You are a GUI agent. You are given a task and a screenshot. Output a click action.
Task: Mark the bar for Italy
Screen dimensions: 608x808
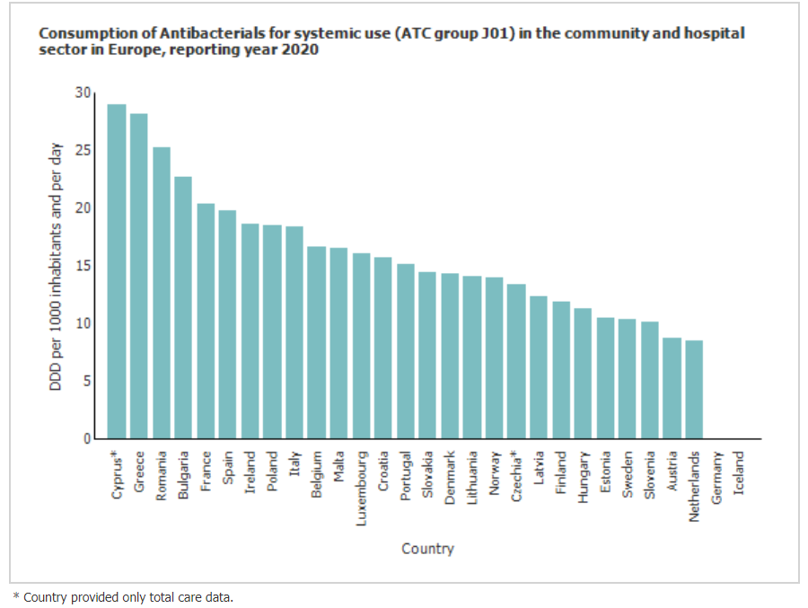tap(294, 332)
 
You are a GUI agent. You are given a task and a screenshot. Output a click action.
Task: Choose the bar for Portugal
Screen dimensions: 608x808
tap(406, 351)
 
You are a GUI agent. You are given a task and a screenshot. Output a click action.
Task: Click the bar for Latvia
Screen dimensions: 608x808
tap(539, 367)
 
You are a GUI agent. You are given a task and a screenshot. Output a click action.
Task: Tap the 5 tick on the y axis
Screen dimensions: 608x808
tap(87, 381)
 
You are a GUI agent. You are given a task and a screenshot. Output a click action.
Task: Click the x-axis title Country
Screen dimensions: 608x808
tap(427, 548)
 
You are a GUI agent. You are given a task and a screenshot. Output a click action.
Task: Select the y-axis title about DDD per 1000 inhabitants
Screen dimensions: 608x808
tap(56, 266)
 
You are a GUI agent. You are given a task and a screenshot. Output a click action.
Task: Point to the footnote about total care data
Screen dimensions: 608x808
tap(122, 596)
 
